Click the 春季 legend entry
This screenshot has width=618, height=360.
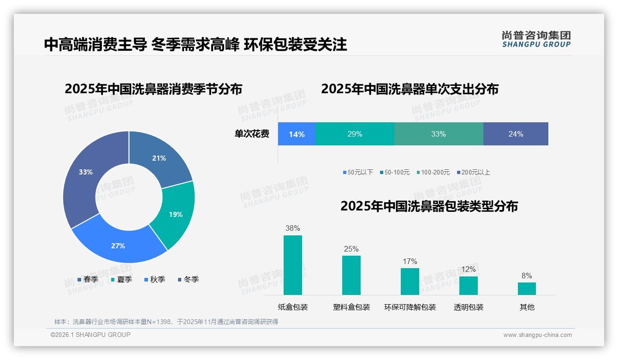coord(88,279)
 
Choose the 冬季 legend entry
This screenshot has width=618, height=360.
coord(188,279)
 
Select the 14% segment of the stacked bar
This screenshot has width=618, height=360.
coord(297,134)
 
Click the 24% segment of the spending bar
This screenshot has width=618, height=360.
coord(516,134)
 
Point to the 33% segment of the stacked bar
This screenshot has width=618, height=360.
coord(438,134)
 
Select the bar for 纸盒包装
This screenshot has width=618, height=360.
coord(293,265)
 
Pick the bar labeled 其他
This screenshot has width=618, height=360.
coord(527,288)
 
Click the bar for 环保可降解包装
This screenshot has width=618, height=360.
coord(410,281)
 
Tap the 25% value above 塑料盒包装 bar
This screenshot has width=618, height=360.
coord(351,249)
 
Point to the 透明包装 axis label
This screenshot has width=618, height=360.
coord(468,307)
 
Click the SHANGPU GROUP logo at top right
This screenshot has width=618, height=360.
coord(536,39)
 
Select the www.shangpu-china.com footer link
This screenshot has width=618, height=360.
coord(537,335)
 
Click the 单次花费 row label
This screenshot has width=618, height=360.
coord(252,134)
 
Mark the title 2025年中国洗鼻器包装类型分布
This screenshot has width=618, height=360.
coord(429,206)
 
